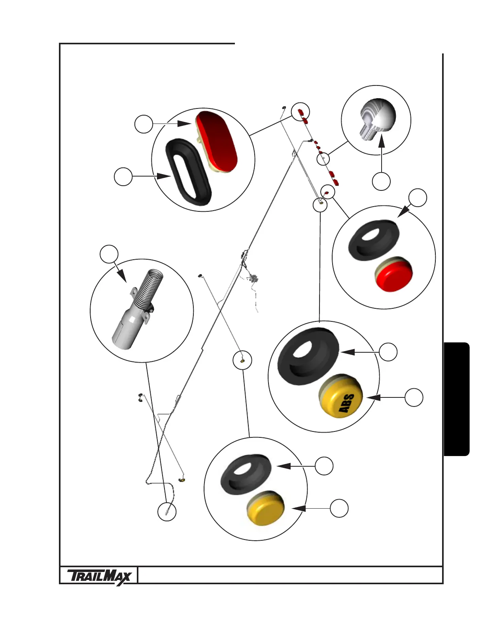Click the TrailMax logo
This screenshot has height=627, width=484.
click(x=99, y=576)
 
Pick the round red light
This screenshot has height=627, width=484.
click(x=393, y=275)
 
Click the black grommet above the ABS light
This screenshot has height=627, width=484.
click(x=308, y=356)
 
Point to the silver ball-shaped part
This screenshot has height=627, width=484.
click(x=378, y=116)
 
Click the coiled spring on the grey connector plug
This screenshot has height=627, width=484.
click(x=149, y=289)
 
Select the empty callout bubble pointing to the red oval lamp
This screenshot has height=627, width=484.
click(x=144, y=124)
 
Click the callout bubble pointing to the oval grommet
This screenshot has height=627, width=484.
click(x=123, y=177)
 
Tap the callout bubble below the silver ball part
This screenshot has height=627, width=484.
click(x=381, y=181)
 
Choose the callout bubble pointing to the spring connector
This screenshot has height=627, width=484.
click(x=109, y=254)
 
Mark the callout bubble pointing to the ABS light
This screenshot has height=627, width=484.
click(x=414, y=397)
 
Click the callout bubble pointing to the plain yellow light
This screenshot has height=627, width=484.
click(x=339, y=508)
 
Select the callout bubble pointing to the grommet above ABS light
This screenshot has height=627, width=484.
click(x=388, y=352)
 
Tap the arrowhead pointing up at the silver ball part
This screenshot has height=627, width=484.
click(x=381, y=140)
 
